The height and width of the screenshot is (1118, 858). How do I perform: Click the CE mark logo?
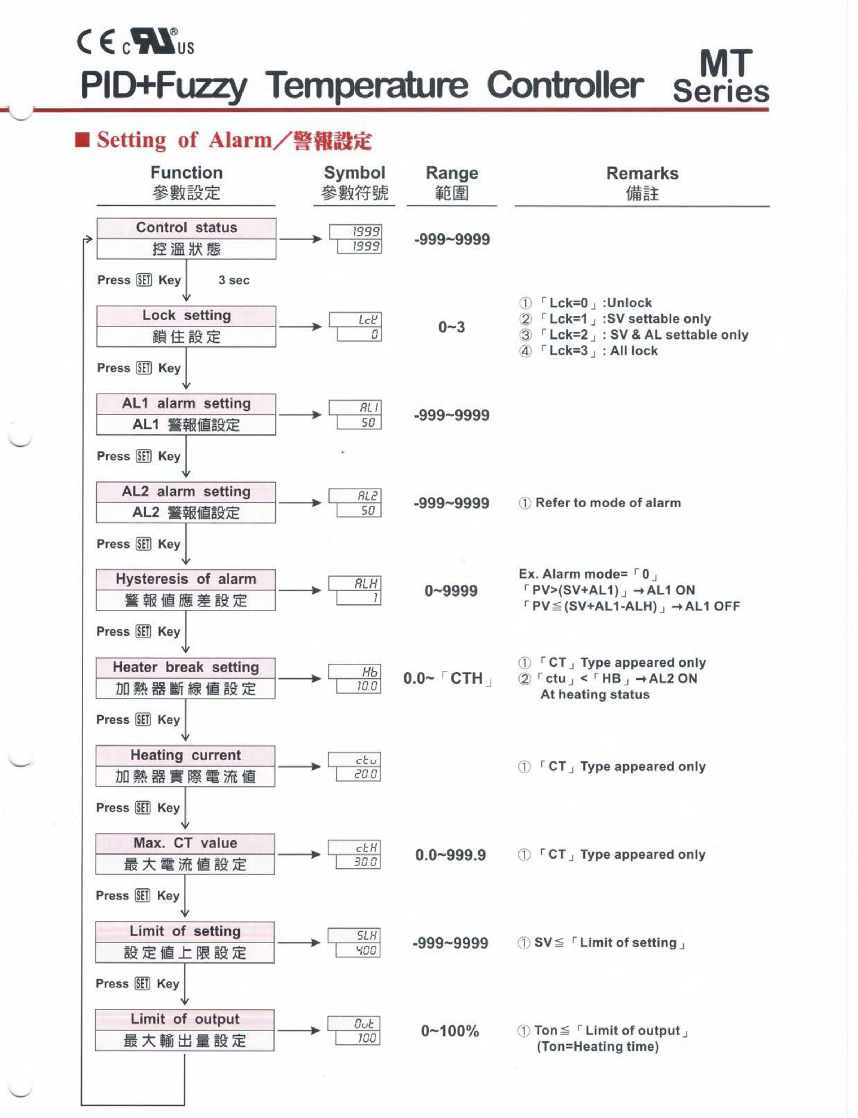click(96, 43)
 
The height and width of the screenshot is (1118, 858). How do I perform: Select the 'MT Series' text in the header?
click(722, 77)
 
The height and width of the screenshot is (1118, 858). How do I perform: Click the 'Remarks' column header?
click(642, 174)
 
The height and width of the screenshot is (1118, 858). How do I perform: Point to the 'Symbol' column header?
click(354, 173)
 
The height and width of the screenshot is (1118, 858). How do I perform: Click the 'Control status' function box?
click(187, 238)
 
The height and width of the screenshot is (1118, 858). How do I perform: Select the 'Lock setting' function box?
click(187, 326)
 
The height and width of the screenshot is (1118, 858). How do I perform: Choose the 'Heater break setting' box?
click(185, 678)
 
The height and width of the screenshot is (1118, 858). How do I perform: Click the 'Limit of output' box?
click(184, 1030)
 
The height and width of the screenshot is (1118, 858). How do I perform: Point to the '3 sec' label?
click(234, 280)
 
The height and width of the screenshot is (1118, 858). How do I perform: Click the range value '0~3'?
click(451, 327)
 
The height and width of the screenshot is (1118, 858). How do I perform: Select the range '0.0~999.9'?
click(450, 855)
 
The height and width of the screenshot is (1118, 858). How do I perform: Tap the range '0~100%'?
click(450, 1031)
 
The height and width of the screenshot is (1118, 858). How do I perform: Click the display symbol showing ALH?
click(355, 590)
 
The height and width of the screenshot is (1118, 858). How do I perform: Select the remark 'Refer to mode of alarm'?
click(600, 503)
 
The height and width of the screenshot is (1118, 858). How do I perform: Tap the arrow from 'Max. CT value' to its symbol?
click(299, 854)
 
